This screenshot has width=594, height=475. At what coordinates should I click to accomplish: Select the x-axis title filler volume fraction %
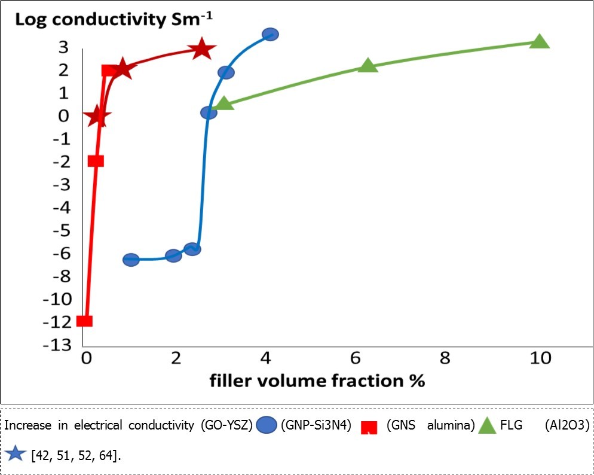(317, 380)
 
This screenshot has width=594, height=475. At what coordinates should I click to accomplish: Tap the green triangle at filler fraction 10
(540, 41)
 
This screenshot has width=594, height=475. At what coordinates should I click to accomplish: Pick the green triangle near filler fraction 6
(368, 65)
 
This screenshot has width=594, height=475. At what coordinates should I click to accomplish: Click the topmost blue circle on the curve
(270, 35)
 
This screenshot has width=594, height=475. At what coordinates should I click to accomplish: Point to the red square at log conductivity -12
(85, 321)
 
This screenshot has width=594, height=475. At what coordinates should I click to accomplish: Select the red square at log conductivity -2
(96, 160)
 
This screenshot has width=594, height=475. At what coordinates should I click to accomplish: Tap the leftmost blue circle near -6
(131, 260)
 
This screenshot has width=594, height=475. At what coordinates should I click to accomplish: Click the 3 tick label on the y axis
(63, 47)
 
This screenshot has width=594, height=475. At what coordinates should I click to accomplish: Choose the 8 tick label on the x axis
(444, 358)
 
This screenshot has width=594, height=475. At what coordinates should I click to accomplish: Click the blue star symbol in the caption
(15, 454)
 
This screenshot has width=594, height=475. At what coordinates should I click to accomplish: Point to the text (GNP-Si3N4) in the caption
(316, 425)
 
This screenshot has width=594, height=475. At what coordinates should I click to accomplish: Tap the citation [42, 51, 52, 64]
(75, 455)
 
